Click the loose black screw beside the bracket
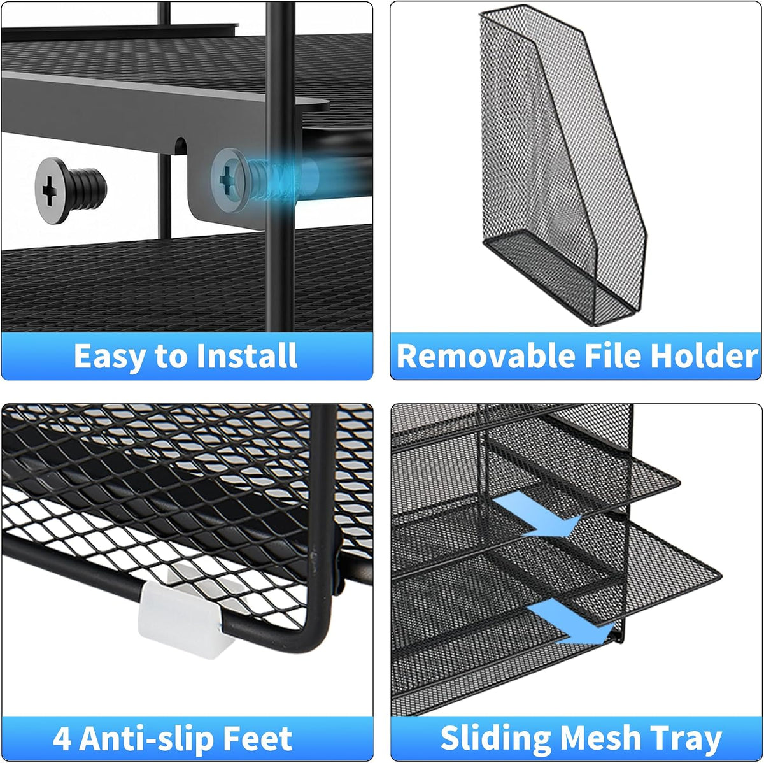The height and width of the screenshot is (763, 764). click(71, 190)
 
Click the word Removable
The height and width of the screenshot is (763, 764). click(485, 355)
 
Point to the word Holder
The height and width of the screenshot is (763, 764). click(704, 355)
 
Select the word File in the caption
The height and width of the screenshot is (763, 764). click(612, 355)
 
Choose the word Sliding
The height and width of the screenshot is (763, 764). click(495, 740)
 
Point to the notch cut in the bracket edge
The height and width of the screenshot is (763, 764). click(180, 146)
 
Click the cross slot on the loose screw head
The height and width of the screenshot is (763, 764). click(50, 191)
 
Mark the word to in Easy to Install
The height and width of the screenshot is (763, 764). click(171, 357)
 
